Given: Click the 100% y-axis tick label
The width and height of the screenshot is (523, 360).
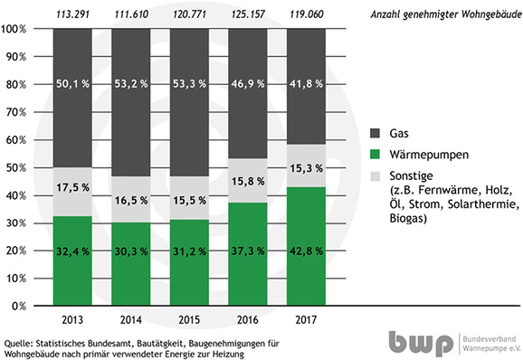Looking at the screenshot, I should click(16, 28).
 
